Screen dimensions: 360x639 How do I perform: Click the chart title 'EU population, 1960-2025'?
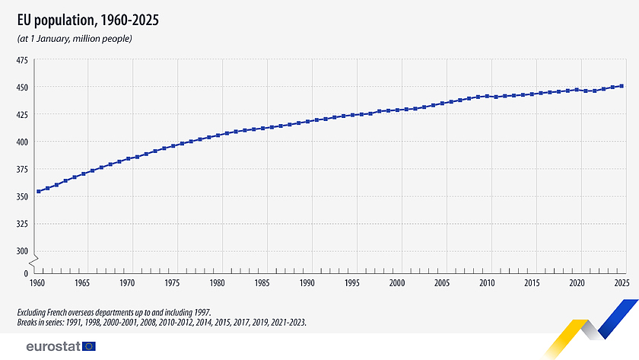tap(87, 19)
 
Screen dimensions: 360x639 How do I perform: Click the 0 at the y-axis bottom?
tap(25, 272)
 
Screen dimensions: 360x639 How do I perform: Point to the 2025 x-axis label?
tap(622, 282)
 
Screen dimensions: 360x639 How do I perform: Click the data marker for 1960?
tap(38, 191)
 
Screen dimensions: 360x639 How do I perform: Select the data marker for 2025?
tap(622, 86)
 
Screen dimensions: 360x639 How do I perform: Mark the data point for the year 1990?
tap(307, 121)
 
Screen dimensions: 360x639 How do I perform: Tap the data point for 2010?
tap(487, 96)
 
